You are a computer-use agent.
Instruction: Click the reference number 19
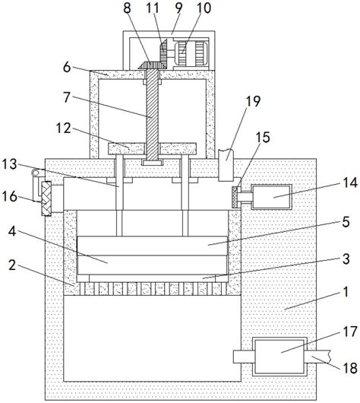tap(253, 101)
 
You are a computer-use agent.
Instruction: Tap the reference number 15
tap(264, 137)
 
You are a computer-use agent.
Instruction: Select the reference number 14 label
tap(350, 182)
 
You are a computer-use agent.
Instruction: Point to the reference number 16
tap(10, 197)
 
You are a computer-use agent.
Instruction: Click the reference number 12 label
tap(63, 128)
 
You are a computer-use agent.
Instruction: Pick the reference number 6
tap(67, 68)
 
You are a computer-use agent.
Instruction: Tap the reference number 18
tap(350, 368)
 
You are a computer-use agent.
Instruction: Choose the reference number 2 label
tap(12, 265)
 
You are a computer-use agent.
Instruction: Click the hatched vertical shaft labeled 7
tap(152, 114)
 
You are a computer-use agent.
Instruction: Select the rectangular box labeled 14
tap(272, 197)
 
